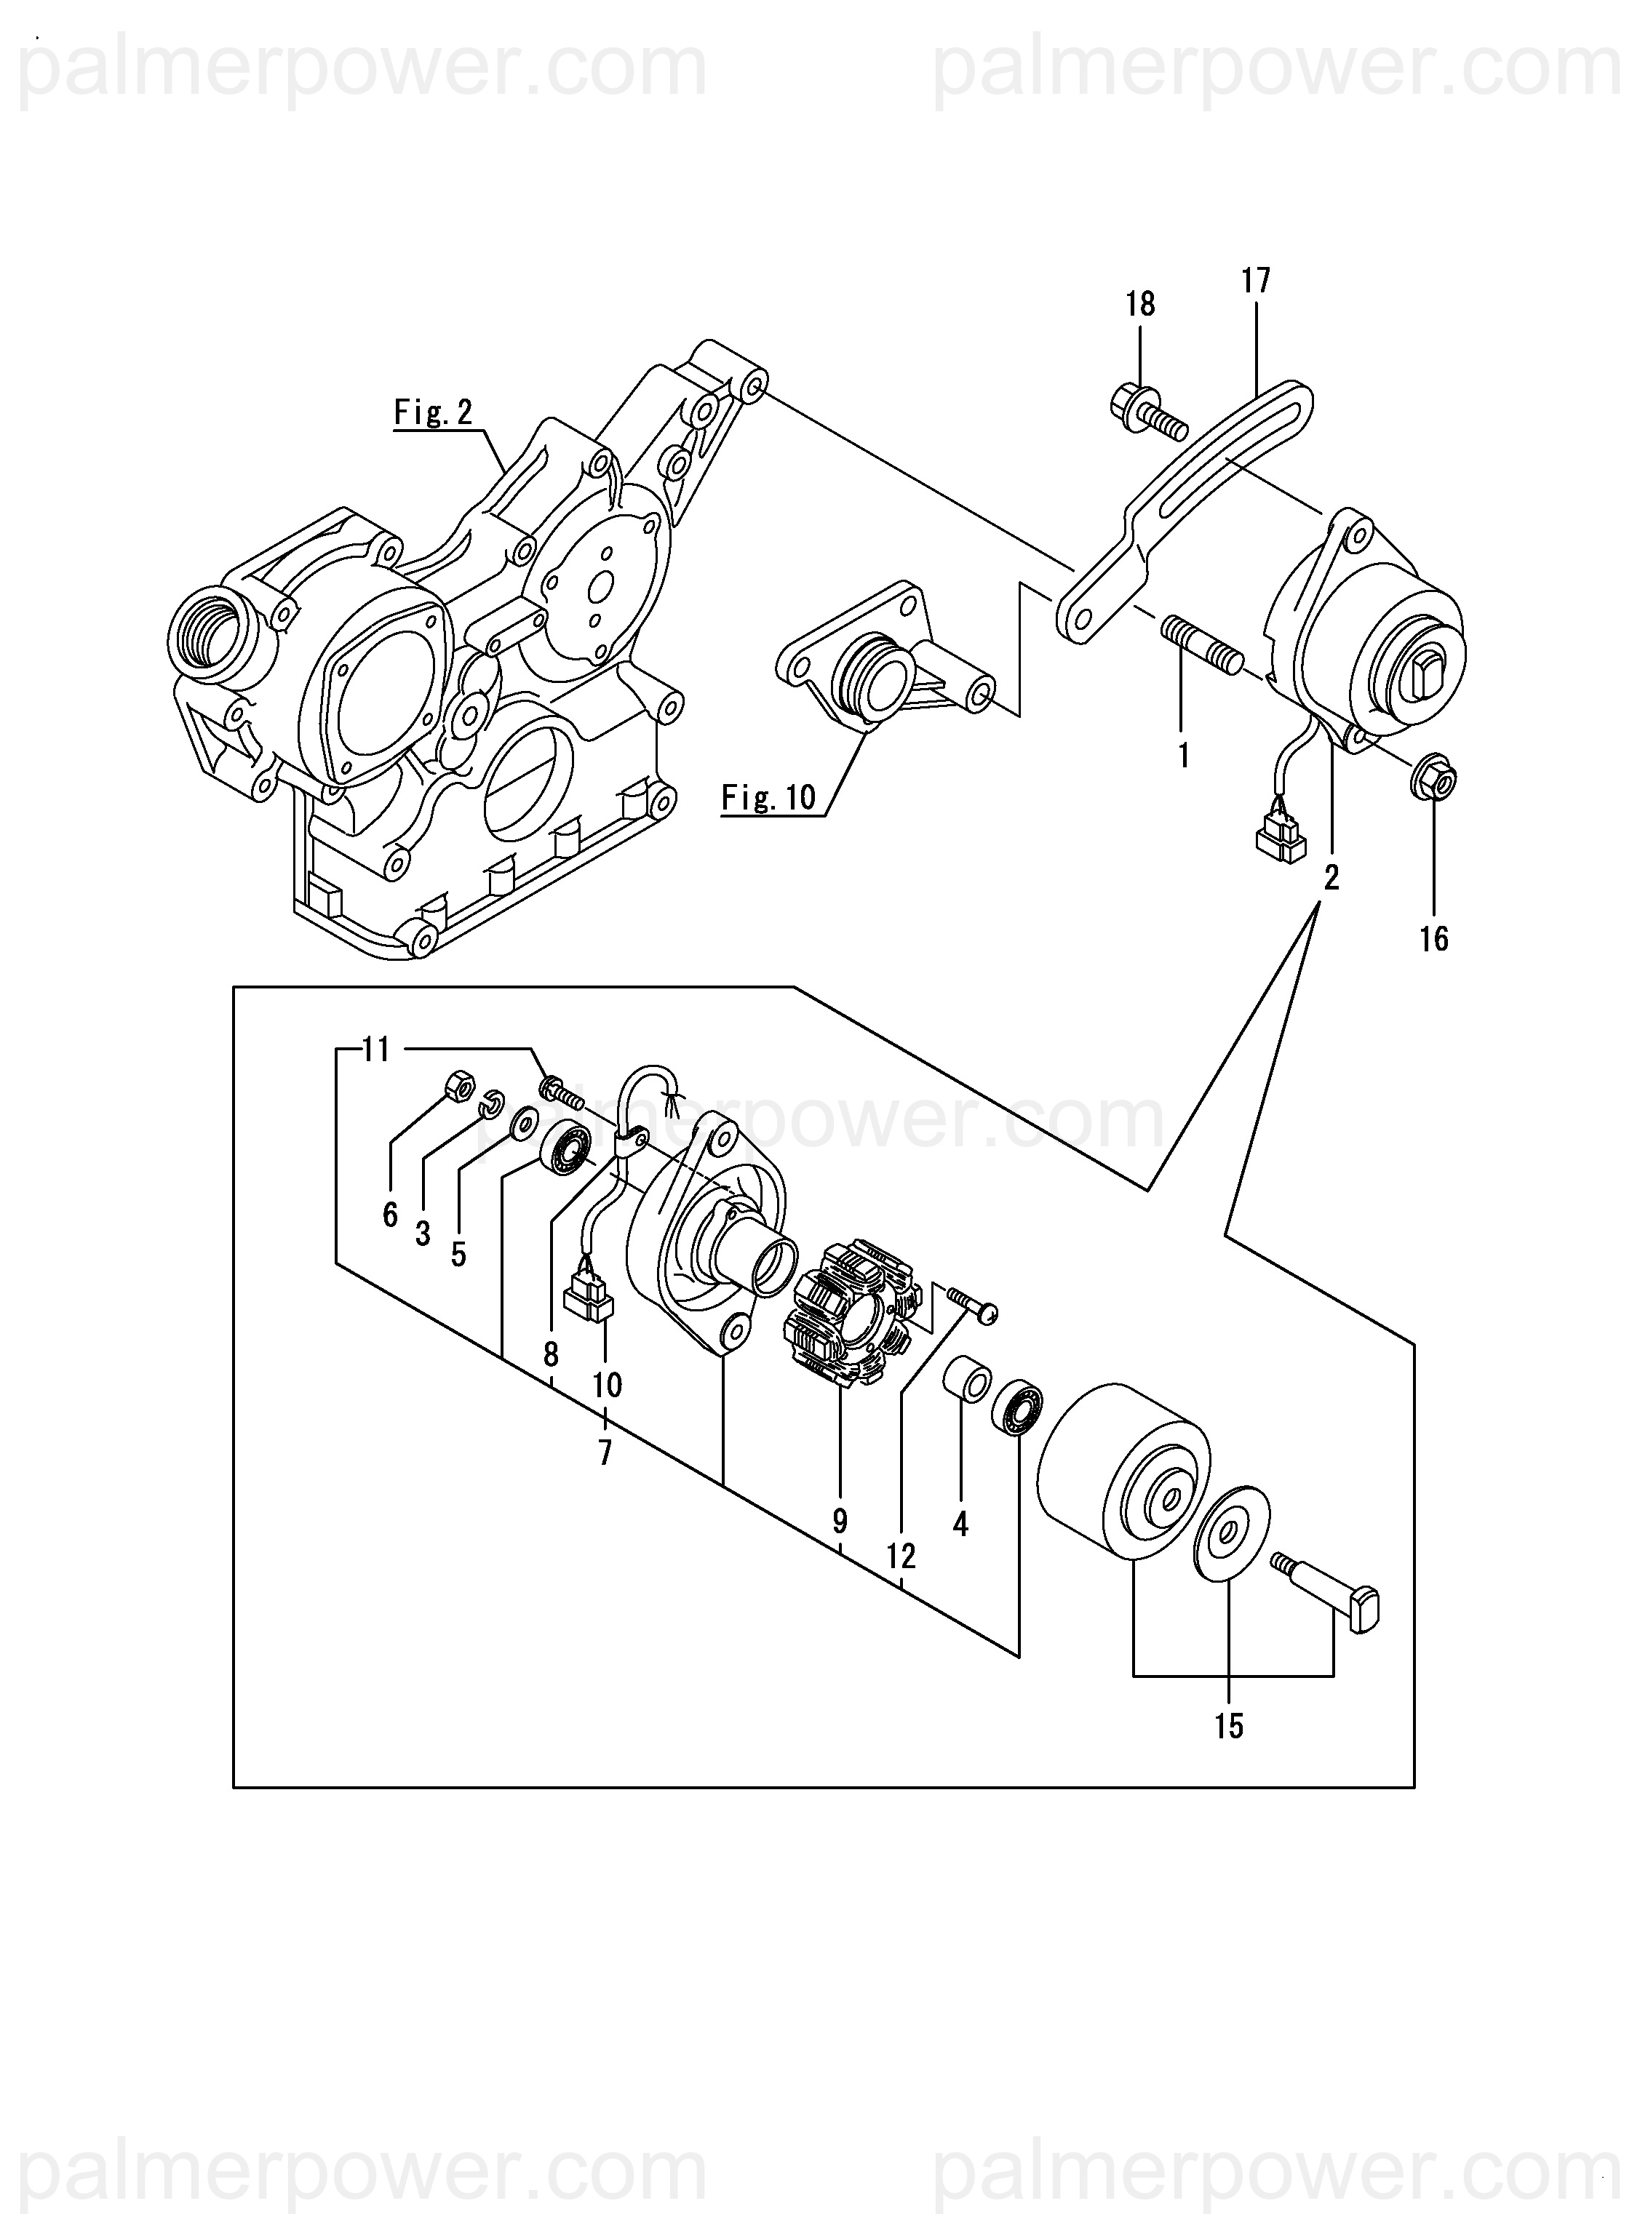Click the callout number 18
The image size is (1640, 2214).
pyautogui.click(x=1141, y=305)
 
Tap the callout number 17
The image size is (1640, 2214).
pyautogui.click(x=1256, y=281)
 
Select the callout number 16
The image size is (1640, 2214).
pyautogui.click(x=1435, y=939)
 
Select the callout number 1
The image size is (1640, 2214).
pyautogui.click(x=1182, y=756)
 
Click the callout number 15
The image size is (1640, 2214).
pyautogui.click(x=1229, y=1727)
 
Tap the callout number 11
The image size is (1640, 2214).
pyautogui.click(x=376, y=1049)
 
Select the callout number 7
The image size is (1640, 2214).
pyautogui.click(x=605, y=1454)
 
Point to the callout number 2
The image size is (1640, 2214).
pyautogui.click(x=1331, y=877)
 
